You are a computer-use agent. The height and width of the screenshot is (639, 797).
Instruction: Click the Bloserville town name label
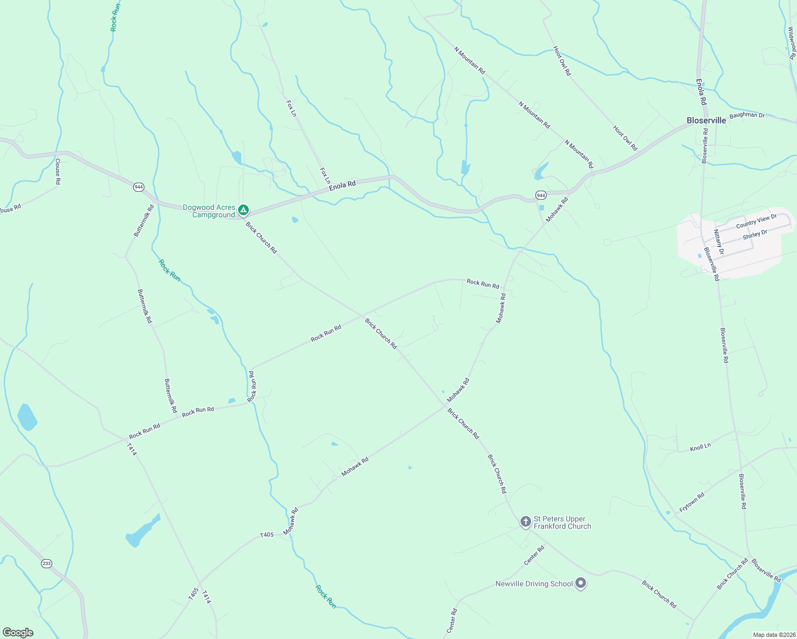click(x=706, y=120)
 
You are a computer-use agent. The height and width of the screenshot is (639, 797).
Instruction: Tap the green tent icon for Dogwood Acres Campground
click(x=243, y=211)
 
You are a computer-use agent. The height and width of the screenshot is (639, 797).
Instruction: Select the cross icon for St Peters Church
click(x=525, y=522)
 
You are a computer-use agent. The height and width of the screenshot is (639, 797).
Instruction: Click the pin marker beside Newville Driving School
click(x=581, y=584)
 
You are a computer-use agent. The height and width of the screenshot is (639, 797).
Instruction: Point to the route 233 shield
click(x=47, y=563)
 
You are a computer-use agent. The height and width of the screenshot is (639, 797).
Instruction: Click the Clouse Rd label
click(x=58, y=171)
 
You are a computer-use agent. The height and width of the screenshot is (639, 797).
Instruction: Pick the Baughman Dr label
click(x=746, y=115)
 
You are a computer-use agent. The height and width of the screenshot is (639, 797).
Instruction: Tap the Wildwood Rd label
click(x=792, y=43)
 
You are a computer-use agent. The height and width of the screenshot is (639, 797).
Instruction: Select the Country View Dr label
click(x=756, y=221)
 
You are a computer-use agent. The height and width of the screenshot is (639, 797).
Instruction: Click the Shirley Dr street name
click(x=754, y=234)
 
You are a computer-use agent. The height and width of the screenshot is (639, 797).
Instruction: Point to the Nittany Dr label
click(x=719, y=241)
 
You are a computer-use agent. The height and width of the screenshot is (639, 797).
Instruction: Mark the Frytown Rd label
click(x=692, y=503)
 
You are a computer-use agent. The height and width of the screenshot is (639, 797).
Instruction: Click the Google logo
click(x=18, y=633)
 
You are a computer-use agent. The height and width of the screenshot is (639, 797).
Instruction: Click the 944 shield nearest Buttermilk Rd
click(x=139, y=187)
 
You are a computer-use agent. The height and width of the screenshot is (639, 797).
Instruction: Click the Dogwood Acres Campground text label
click(x=209, y=211)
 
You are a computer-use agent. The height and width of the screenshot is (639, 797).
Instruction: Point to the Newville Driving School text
click(x=534, y=584)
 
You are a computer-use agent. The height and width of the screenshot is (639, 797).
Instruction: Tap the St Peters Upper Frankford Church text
click(x=562, y=522)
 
